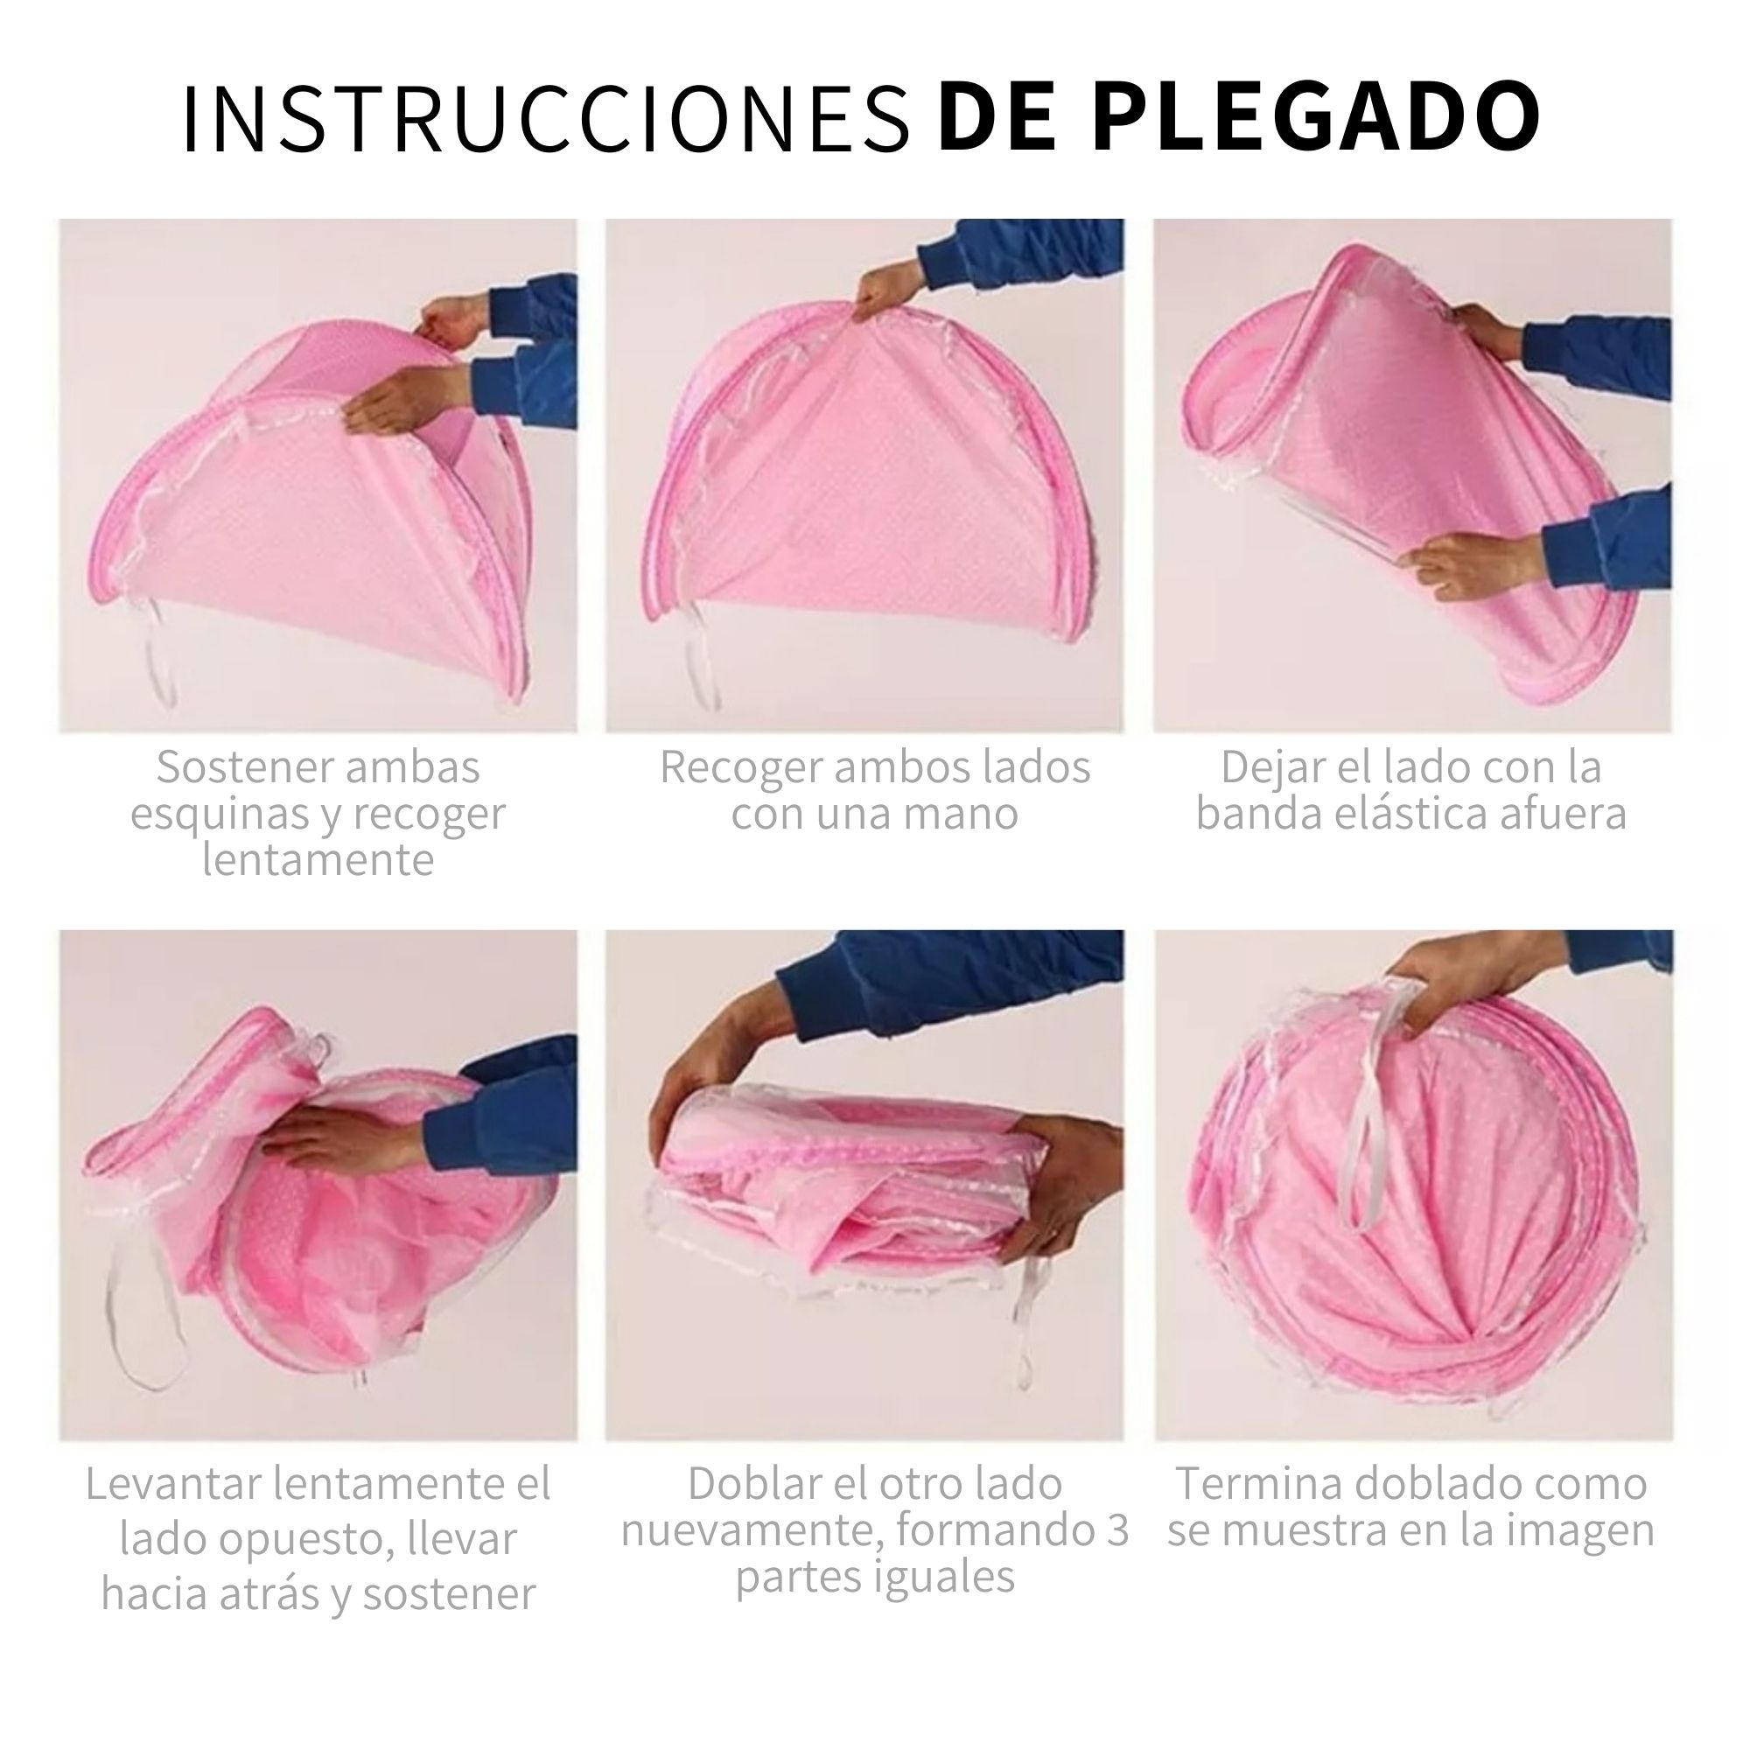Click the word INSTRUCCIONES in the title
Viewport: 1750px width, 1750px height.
tap(546, 121)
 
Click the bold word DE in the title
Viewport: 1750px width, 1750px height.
tap(998, 118)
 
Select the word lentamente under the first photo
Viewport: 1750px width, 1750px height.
tap(317, 859)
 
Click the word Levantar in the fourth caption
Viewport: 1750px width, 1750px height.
tap(172, 1484)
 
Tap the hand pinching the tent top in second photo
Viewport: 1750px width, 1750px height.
tap(883, 290)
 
